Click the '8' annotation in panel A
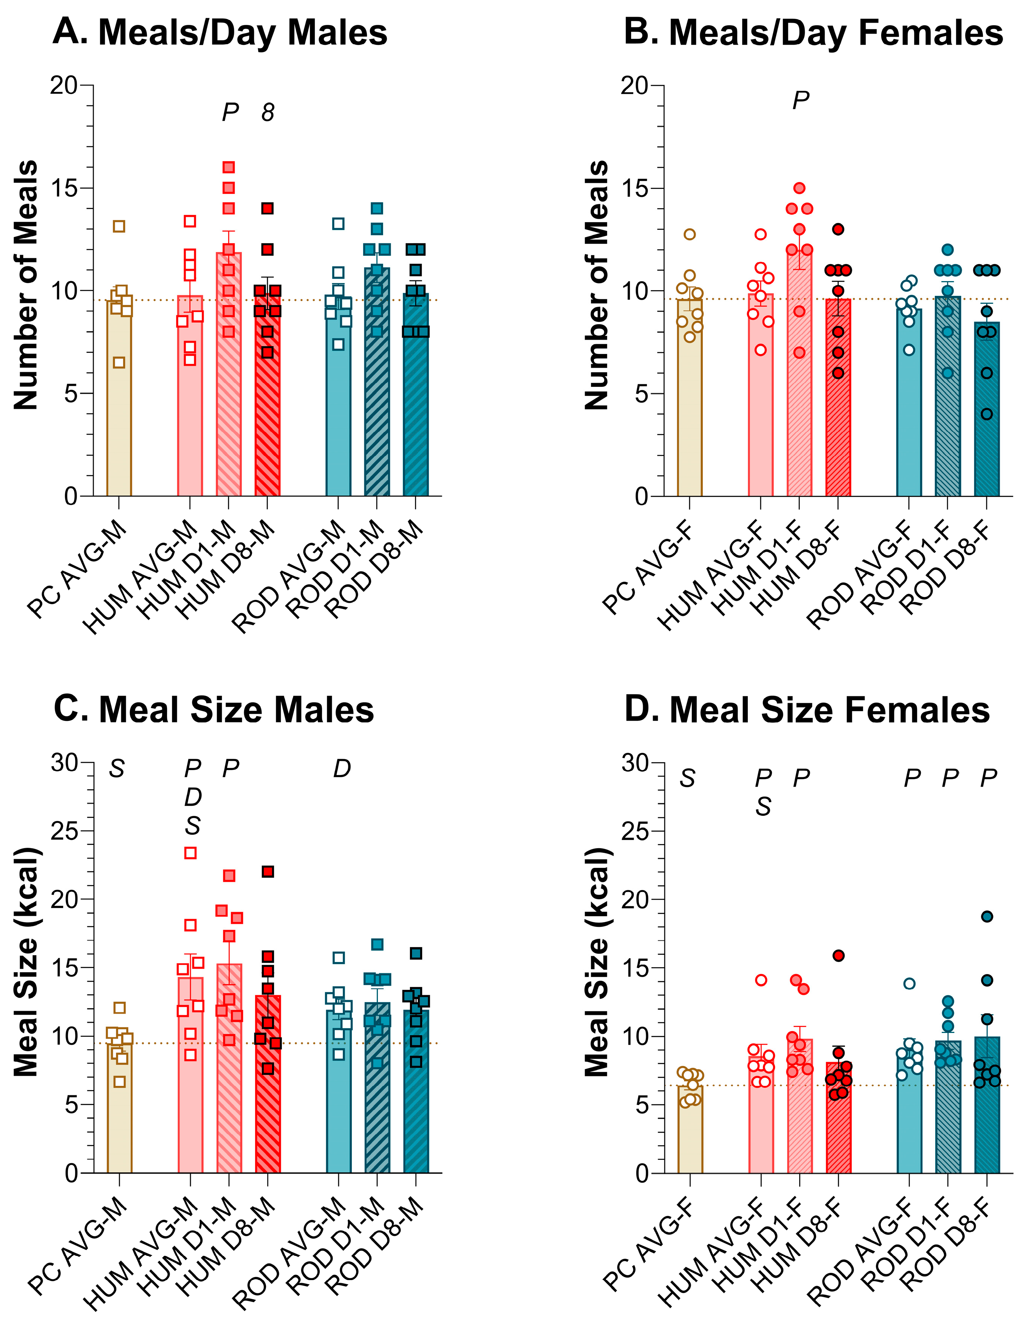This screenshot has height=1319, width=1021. [x=268, y=112]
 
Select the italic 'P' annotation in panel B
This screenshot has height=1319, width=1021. [x=800, y=100]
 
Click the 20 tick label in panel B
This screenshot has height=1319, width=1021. [x=634, y=86]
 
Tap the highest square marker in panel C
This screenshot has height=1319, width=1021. [x=190, y=853]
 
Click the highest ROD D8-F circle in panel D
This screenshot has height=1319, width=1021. [x=987, y=917]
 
